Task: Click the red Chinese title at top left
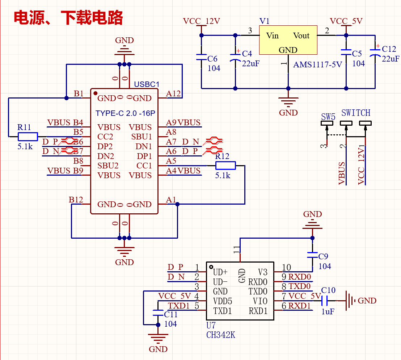coord(68,18)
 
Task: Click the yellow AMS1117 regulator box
coord(288,40)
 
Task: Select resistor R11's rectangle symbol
coord(28,137)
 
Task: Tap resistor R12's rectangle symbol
coord(225,166)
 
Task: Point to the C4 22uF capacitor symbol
coord(235,58)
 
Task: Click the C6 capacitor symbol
coord(201,57)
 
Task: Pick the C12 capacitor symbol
coord(375,53)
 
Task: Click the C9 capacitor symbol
coord(312,255)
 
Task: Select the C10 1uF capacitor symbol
coord(324,301)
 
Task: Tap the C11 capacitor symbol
coord(158,313)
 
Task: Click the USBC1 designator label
coord(147,84)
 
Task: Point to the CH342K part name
coord(221,335)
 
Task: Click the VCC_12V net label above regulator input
coord(202,21)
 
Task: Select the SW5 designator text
coord(328,117)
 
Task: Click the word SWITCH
coord(356,113)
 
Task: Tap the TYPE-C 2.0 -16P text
coord(125,113)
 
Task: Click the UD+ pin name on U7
coord(220,272)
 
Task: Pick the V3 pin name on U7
coord(263,272)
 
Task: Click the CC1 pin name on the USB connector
coord(144,166)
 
